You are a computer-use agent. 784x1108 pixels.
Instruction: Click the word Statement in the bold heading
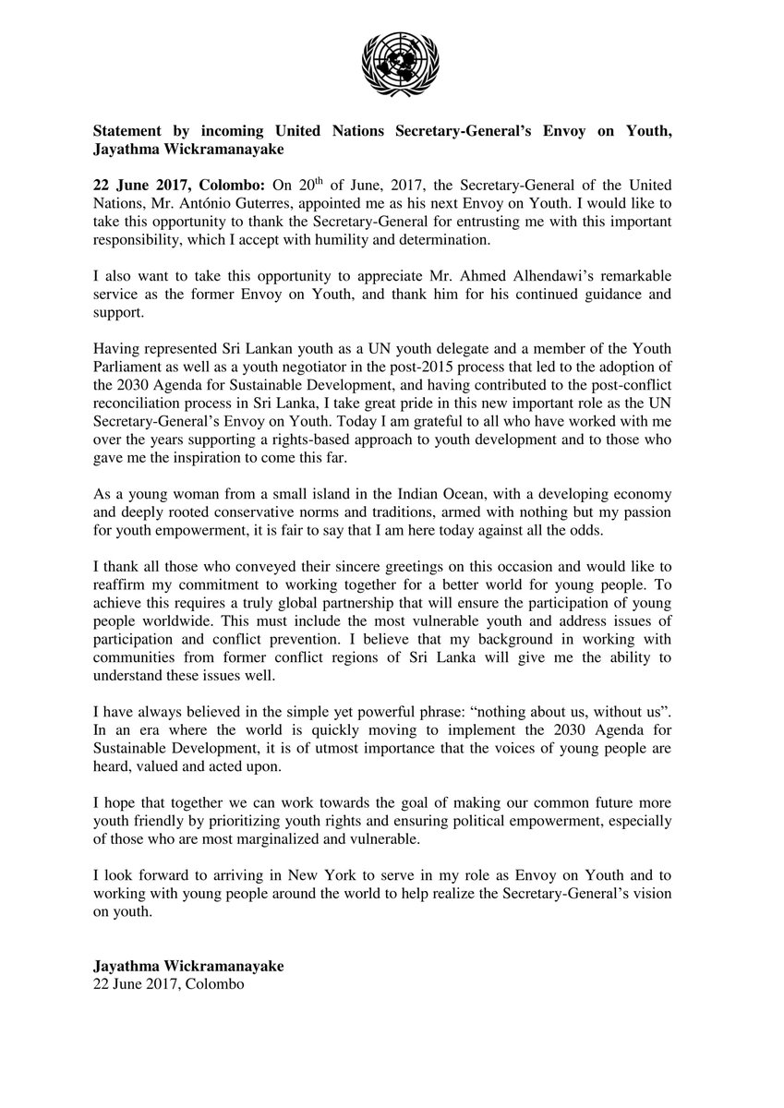point(128,130)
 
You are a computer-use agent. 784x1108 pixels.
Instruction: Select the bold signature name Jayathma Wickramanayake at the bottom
point(188,965)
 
